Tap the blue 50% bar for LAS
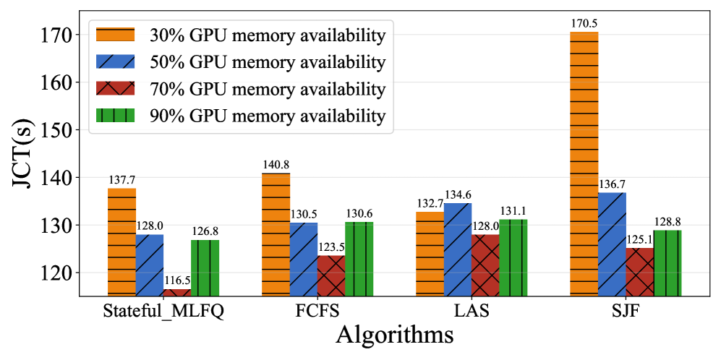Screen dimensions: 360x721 [457, 249]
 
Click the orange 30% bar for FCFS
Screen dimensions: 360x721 [276, 234]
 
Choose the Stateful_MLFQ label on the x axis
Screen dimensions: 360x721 [163, 312]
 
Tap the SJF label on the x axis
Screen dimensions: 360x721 [626, 312]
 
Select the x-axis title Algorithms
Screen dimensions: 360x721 [394, 337]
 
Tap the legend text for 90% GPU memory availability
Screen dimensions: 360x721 [268, 116]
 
